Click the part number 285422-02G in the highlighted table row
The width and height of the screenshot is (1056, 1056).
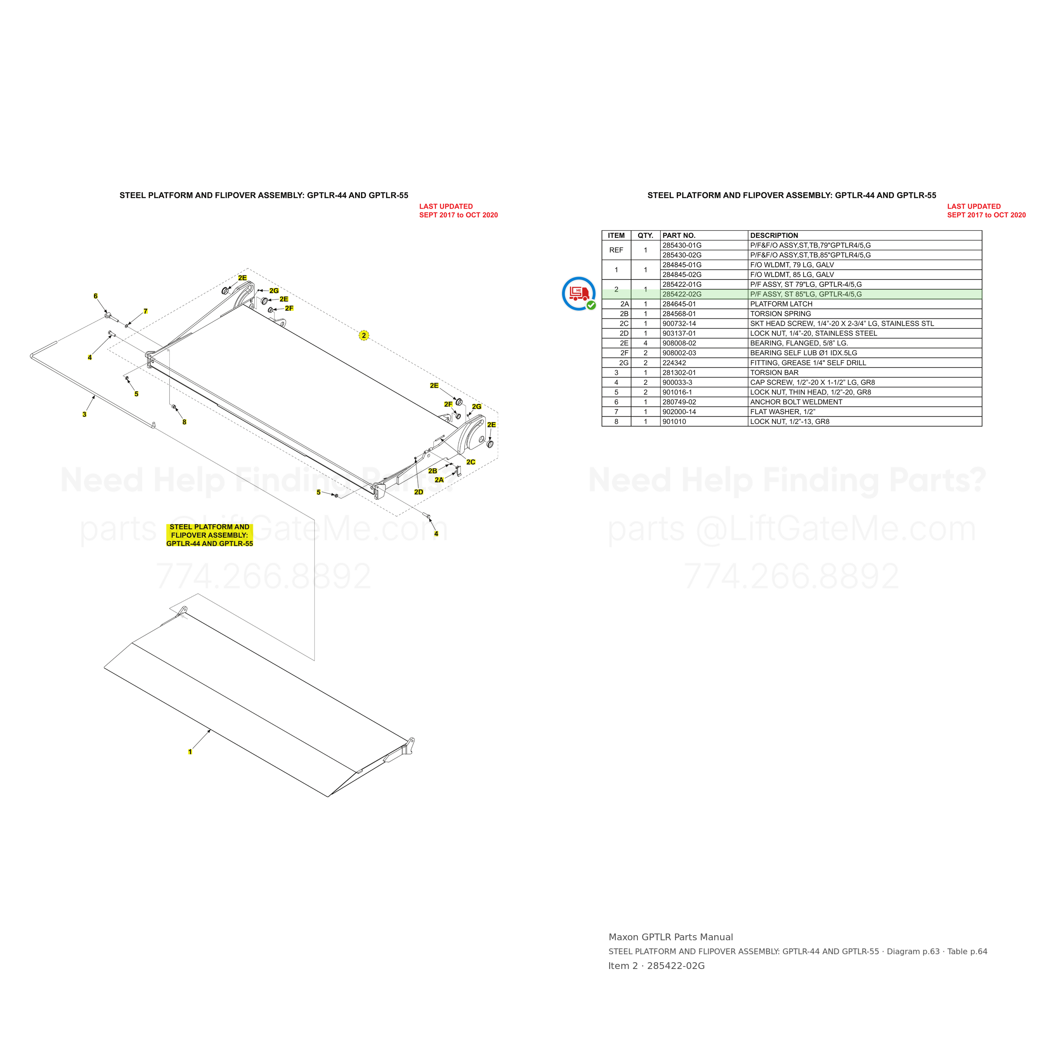click(x=682, y=294)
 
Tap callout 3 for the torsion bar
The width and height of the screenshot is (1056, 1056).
click(x=84, y=414)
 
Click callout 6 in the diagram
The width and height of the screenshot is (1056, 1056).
click(x=95, y=296)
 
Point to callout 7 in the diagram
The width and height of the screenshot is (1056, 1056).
click(x=145, y=311)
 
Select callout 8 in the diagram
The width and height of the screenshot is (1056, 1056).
click(x=184, y=422)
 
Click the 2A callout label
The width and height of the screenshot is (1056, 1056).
click(x=439, y=480)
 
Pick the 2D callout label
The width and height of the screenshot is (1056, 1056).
click(x=419, y=492)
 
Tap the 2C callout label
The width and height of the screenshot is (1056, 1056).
click(x=471, y=462)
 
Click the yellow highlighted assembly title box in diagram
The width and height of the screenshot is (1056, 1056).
click(x=210, y=535)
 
